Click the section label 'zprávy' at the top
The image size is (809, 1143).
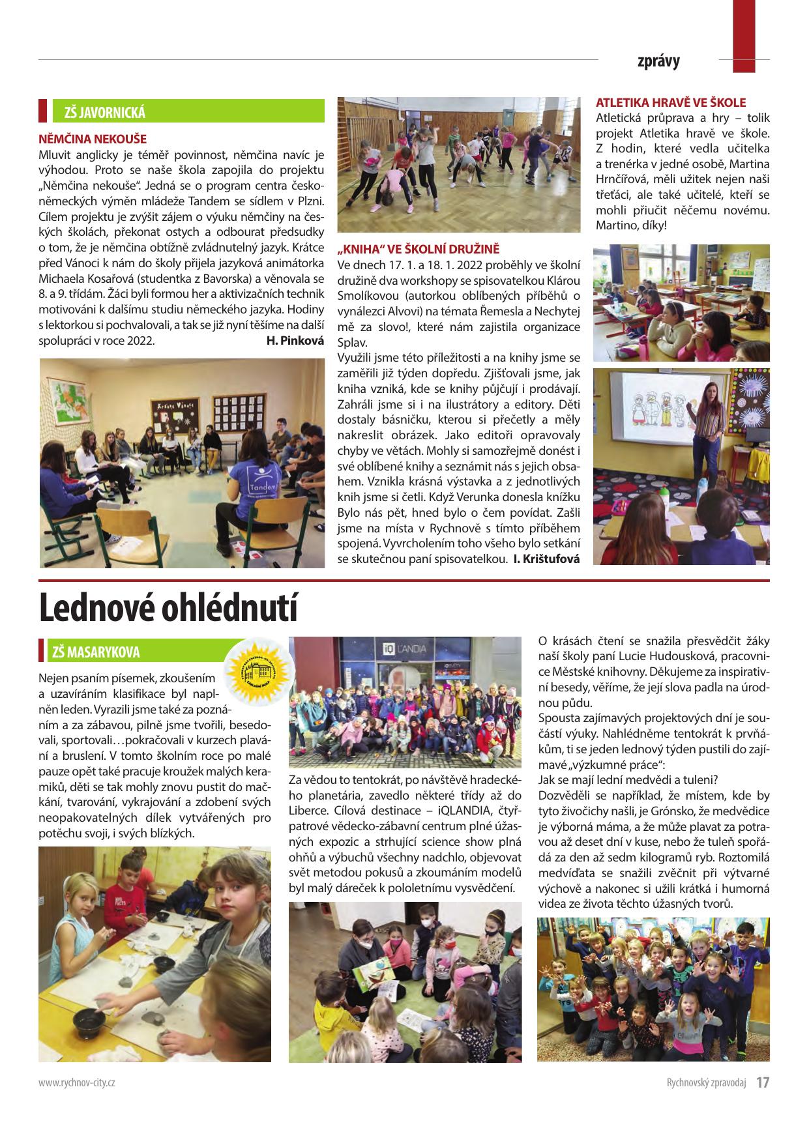coord(658,61)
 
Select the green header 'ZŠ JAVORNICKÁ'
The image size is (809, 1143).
coord(104,112)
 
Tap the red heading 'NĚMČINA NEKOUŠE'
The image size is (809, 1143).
coord(93,139)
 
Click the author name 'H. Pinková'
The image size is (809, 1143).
coord(295,340)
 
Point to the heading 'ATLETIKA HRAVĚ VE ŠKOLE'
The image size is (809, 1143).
coord(671,102)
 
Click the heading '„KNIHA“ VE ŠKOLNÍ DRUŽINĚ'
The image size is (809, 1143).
coord(419,249)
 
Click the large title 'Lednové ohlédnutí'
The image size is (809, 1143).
coord(168,607)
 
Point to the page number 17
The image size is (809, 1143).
coord(763,1082)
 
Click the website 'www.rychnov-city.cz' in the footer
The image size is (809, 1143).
coord(77,1083)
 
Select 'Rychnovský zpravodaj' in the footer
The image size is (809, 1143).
coord(705,1083)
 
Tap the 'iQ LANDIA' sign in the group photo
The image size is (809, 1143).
coord(404,648)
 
